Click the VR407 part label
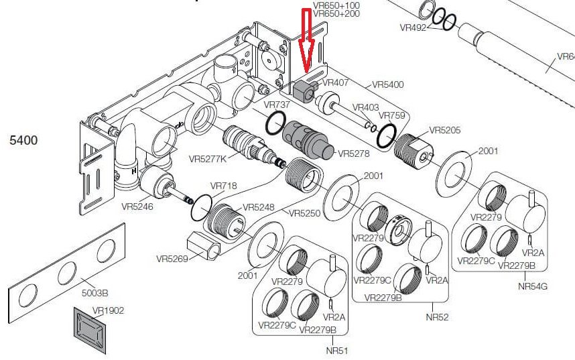[x=334, y=83]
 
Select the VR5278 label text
[x=354, y=154]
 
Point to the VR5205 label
[x=445, y=130]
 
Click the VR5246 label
[x=137, y=206]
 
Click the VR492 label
[x=413, y=27]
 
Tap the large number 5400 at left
[x=23, y=140]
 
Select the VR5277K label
[x=208, y=159]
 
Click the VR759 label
[x=392, y=115]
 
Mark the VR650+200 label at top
[x=336, y=13]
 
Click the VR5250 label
[x=305, y=213]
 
